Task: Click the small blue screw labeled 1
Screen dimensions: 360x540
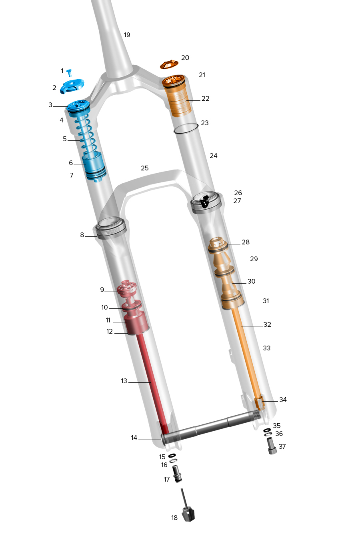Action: pyautogui.click(x=70, y=72)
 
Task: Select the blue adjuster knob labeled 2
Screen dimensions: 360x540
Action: pyautogui.click(x=72, y=86)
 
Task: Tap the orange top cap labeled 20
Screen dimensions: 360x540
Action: pyautogui.click(x=169, y=65)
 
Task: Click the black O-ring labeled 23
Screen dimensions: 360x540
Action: pyautogui.click(x=186, y=128)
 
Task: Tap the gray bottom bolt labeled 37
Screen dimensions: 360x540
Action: pyautogui.click(x=272, y=446)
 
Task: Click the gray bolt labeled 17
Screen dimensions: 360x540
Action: pyautogui.click(x=177, y=474)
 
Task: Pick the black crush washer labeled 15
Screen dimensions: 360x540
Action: pyautogui.click(x=172, y=455)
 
